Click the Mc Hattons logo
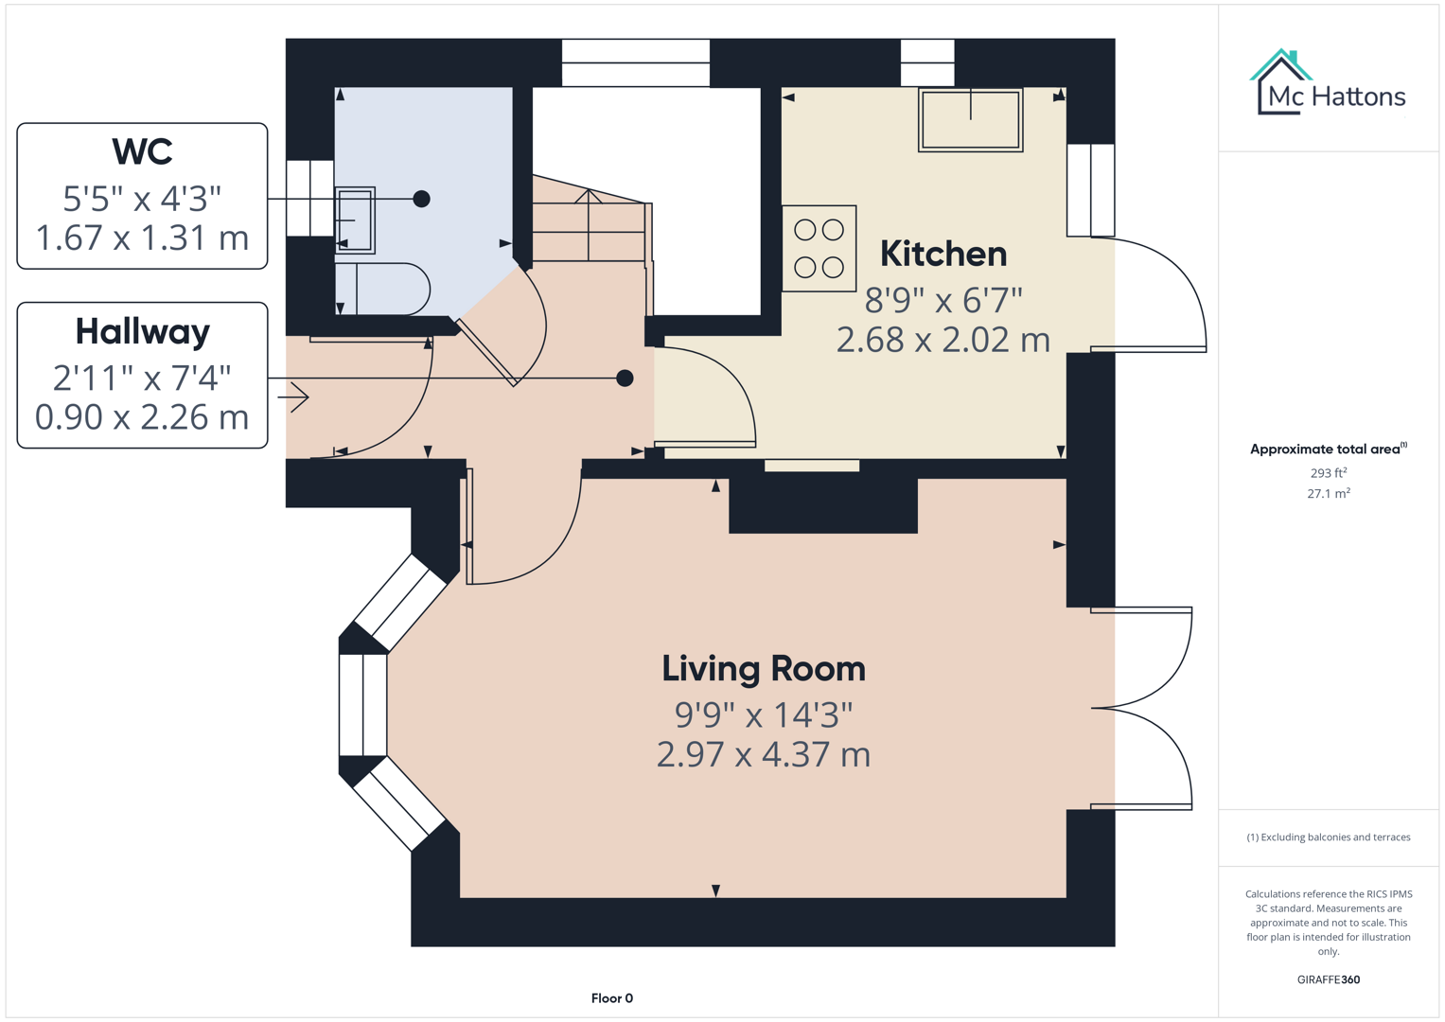coord(1328,85)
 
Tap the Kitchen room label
coord(943,254)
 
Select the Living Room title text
coord(763,668)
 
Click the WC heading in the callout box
coord(142,151)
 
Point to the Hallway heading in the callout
coord(142,331)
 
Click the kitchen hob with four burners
coord(819,248)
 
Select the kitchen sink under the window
coord(970,119)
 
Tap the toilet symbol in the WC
coord(383,289)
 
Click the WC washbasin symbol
coord(355,220)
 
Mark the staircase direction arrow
coord(589,222)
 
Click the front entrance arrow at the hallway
coord(294,397)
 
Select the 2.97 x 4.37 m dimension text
coord(763,754)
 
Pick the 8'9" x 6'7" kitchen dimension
coord(943,300)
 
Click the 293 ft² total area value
coord(1328,472)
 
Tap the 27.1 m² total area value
coord(1328,493)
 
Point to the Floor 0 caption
coord(611,998)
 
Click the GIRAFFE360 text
coord(1328,979)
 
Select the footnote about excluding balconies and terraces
coord(1328,837)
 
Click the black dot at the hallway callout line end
coord(625,379)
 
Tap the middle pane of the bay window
coord(363,704)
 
